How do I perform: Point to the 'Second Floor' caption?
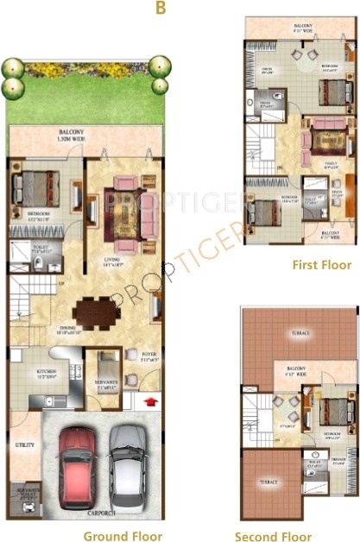(x=299, y=536)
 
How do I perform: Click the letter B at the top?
(x=160, y=9)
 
